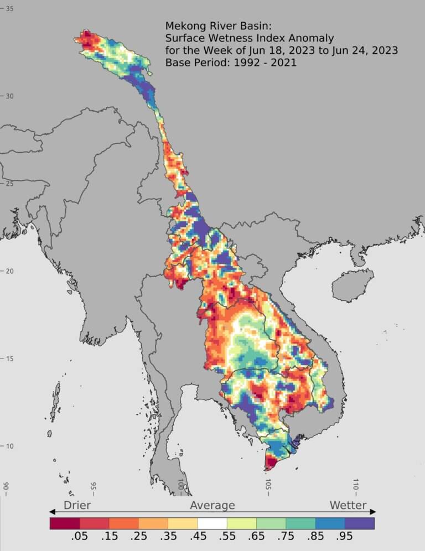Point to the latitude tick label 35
[x=10, y=9]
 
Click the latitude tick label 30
[x=10, y=96]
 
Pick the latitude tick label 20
[x=10, y=271]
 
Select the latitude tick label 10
[x=10, y=446]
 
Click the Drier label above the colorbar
[x=77, y=505]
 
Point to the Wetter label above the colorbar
[x=348, y=505]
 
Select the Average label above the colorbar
[x=212, y=505]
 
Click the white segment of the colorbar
[x=212, y=523]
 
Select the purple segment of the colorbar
[x=360, y=523]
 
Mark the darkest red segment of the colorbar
[x=64, y=523]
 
